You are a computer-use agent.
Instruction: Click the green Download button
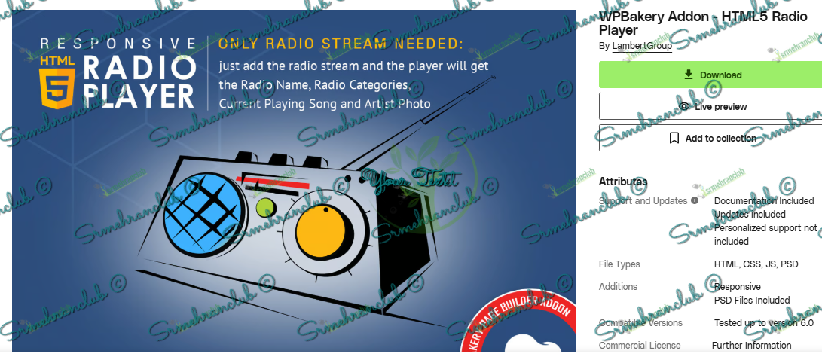tap(710, 75)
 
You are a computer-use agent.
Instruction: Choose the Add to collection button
tap(710, 139)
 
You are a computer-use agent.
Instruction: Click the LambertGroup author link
tap(642, 46)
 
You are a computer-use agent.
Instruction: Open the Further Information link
tap(751, 346)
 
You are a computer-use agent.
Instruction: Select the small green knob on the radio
tap(264, 207)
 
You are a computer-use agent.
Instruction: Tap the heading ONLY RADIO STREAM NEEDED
tap(341, 44)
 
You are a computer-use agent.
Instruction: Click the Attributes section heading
tap(623, 182)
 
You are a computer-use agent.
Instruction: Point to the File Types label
tap(619, 264)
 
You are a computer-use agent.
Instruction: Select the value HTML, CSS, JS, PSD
tap(756, 264)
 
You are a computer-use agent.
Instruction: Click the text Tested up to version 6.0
tap(764, 323)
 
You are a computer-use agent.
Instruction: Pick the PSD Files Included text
tap(752, 301)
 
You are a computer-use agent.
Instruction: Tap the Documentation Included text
tap(764, 201)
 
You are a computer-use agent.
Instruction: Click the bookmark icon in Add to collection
tap(674, 139)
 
